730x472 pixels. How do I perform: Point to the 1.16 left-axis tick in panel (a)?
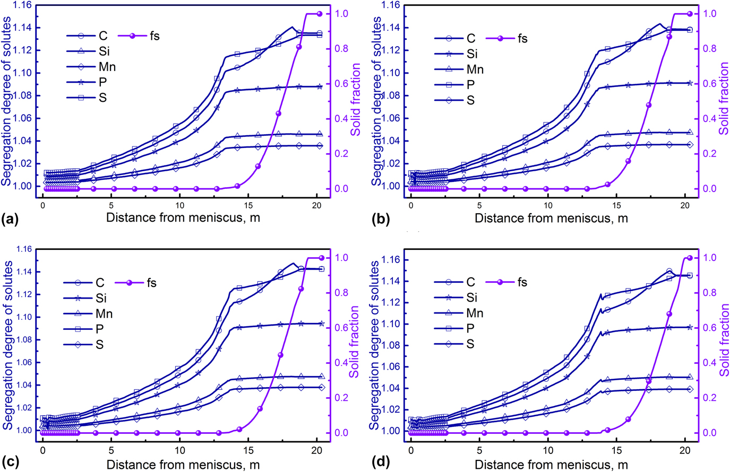tap(23, 5)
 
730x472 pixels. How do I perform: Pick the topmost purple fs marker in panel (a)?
tap(319, 13)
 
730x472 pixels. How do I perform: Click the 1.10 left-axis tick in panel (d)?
tap(391, 324)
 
